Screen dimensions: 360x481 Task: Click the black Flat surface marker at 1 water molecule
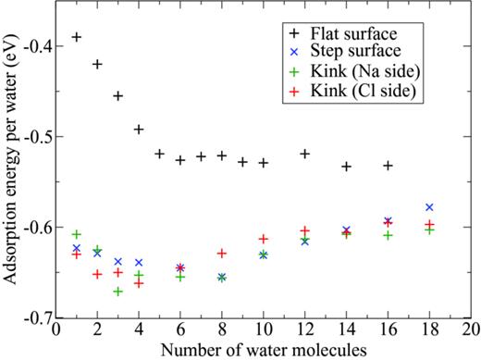tap(77, 37)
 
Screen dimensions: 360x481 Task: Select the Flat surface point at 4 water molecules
tap(139, 129)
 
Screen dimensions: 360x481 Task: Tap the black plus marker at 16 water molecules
tap(388, 165)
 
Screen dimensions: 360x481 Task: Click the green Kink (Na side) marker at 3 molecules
tap(118, 292)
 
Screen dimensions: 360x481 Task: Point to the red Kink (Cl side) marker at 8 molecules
tap(222, 253)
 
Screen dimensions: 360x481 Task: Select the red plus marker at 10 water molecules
tap(264, 239)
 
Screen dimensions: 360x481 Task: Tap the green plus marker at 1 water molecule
tap(77, 234)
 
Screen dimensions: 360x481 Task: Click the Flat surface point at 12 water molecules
tap(305, 153)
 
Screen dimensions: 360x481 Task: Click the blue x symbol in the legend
tap(294, 56)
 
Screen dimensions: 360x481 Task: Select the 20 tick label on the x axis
tap(471, 329)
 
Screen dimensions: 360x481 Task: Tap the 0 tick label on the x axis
tap(56, 329)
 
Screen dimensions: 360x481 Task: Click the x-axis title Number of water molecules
tap(264, 349)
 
